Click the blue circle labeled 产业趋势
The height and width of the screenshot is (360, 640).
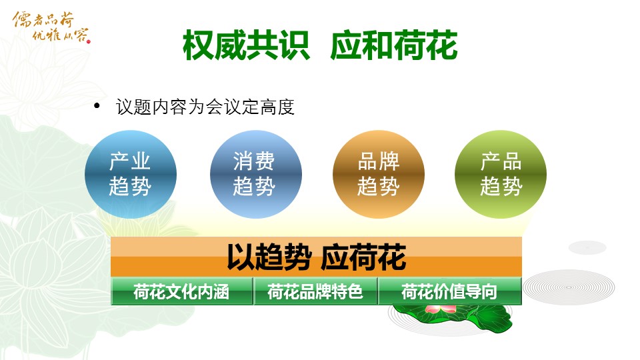click(131, 174)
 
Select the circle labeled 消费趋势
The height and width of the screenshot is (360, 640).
click(256, 174)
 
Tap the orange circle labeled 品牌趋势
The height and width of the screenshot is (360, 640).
click(379, 174)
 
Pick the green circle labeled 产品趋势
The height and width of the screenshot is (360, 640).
click(501, 174)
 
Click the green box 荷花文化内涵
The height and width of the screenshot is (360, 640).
click(181, 291)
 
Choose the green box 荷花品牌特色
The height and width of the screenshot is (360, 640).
click(315, 291)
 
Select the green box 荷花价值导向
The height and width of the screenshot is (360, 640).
click(449, 291)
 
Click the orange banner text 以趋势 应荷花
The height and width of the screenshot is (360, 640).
click(316, 257)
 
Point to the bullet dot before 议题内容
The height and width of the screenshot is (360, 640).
click(97, 107)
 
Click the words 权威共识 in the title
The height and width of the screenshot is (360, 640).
click(246, 45)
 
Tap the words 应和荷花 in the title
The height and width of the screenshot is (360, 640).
click(394, 45)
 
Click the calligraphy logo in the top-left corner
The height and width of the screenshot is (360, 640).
click(51, 27)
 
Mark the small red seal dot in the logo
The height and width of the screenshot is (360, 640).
click(88, 41)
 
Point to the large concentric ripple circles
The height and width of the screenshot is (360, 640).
click(569, 287)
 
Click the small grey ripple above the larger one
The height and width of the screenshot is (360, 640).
click(587, 247)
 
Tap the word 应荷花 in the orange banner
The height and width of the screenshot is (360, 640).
click(363, 257)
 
